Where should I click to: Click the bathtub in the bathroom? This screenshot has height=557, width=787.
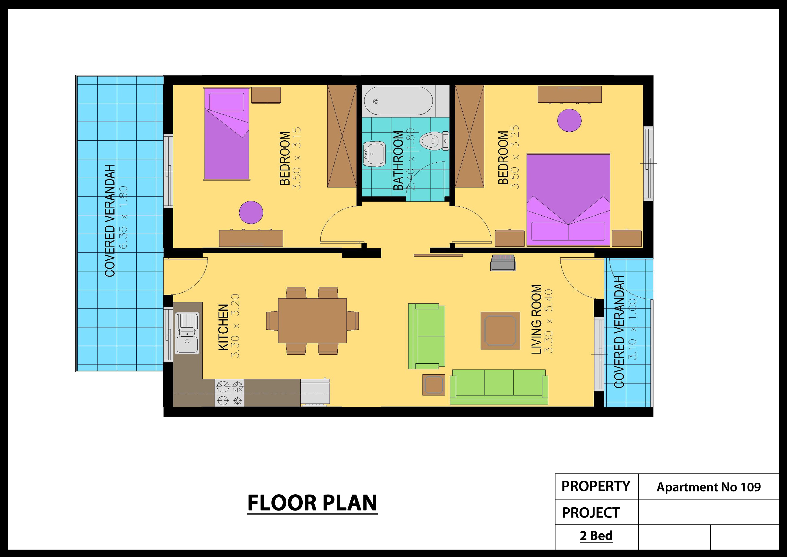[398, 101]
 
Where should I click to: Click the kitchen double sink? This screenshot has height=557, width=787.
[187, 333]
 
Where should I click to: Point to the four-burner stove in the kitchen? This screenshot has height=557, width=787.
[229, 393]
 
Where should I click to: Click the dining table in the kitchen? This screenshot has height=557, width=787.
[312, 320]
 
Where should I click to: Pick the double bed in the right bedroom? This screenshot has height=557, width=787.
[568, 199]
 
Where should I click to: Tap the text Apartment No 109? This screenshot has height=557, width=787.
[708, 487]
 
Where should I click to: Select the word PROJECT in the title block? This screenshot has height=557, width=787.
[591, 513]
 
